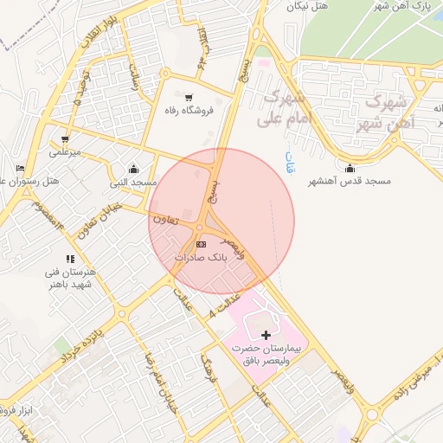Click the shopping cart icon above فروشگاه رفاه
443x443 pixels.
[x=189, y=97]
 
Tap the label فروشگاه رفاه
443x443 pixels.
[x=196, y=111]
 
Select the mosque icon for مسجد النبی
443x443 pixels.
[x=132, y=169]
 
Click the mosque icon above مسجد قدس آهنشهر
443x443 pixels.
[x=350, y=168]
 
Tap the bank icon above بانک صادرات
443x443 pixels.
[x=202, y=245]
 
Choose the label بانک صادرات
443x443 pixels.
[x=200, y=258]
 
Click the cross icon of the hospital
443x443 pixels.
[x=265, y=335]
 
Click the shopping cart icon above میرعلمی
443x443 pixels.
[x=65, y=138]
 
